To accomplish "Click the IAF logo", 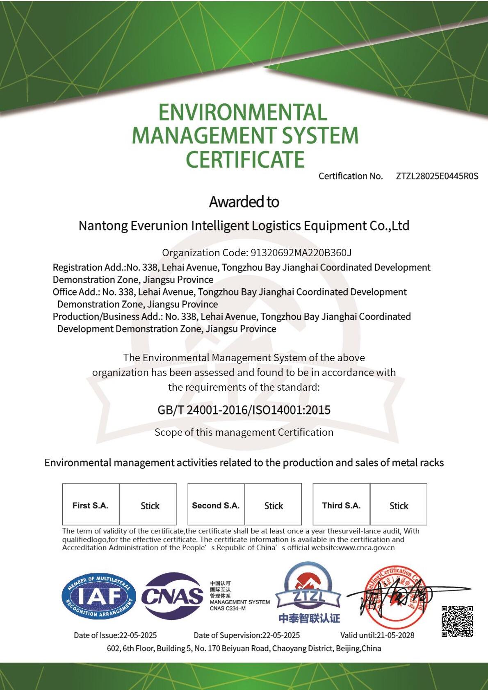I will [99, 596].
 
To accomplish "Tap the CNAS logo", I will [172, 596].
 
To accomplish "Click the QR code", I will [457, 621].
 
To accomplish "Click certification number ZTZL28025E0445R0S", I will [437, 176].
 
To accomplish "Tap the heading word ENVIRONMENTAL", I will [243, 112].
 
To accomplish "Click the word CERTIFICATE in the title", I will [245, 159].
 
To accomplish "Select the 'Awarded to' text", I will [244, 202].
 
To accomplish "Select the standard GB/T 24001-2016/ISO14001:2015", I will [244, 410].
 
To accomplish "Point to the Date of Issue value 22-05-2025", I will [138, 635].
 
